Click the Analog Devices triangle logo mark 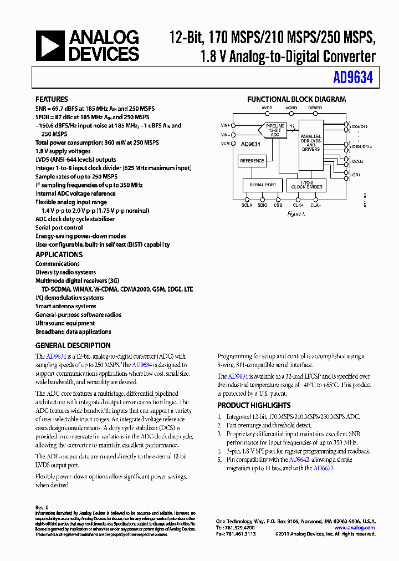point(50,46)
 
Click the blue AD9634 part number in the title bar point(352,78)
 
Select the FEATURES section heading point(52,99)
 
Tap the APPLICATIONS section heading point(58,255)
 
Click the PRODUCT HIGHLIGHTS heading point(254,405)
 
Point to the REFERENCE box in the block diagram point(252,161)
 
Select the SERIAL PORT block point(263,185)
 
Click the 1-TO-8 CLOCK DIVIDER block point(306,185)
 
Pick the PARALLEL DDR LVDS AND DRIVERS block point(310,142)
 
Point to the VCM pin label point(224,144)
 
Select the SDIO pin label point(262,205)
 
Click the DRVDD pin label point(315,108)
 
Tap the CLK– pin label point(315,205)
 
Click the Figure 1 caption point(296,214)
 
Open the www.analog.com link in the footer point(355,528)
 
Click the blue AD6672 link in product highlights point(324,468)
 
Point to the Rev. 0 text point(42,508)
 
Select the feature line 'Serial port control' point(59,227)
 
